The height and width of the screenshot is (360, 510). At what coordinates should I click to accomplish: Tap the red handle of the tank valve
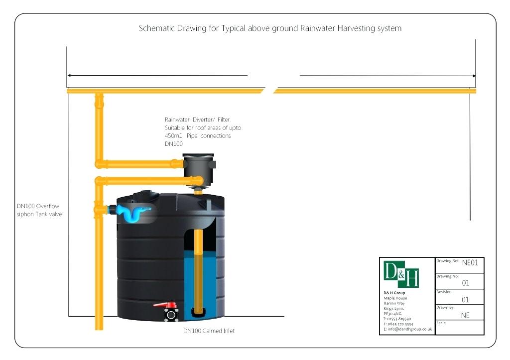coord(161,304)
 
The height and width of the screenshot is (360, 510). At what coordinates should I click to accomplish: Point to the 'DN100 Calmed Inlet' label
coord(209,331)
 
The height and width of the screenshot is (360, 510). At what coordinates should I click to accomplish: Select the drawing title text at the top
coord(270,28)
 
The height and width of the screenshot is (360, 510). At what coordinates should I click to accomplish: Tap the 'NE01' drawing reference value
coord(470,263)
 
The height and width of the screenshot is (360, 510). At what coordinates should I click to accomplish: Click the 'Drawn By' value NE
coord(465,315)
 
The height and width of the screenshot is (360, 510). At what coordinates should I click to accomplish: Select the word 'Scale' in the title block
coord(441,323)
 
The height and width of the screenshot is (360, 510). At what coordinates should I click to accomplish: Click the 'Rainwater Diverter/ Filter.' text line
coord(198,120)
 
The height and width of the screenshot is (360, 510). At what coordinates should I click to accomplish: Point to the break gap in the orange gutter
coord(269,91)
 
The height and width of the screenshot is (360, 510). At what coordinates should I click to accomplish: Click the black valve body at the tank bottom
coord(171,315)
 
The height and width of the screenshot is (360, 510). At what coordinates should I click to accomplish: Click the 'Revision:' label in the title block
coord(444,292)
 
